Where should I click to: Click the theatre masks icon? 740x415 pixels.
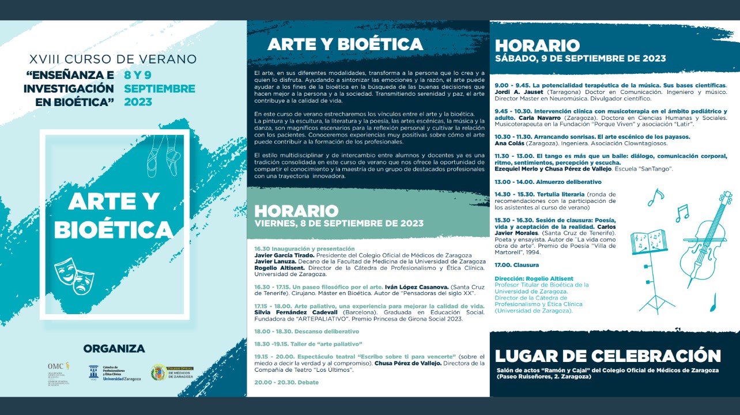pos(74,276)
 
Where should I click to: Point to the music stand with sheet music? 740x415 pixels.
pos(651,259)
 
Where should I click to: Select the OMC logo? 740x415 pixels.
pos(59,373)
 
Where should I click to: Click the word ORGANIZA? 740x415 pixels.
pos(114,349)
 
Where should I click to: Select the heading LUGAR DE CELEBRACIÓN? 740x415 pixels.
pos(607,356)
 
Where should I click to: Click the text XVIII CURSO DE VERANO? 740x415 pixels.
pos(113,59)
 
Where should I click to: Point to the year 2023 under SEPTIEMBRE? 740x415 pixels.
pos(138,102)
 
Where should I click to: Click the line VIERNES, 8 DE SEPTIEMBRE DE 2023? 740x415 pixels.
pos(339,224)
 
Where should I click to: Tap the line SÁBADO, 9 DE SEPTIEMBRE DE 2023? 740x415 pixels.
pos(580,58)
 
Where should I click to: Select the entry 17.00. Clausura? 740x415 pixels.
pos(516,265)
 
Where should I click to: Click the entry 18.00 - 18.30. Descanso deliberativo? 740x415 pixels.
pos(307,331)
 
